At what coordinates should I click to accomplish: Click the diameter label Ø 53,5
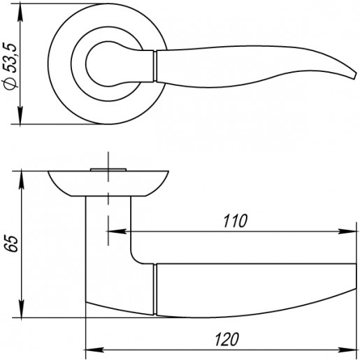[x=10, y=66]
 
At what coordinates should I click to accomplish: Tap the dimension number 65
[x=12, y=244]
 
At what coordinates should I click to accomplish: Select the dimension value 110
[x=235, y=221]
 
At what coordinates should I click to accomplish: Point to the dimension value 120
[x=226, y=339]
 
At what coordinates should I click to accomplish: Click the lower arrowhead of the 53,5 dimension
[x=20, y=115]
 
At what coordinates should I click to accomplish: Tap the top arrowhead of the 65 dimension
[x=22, y=180]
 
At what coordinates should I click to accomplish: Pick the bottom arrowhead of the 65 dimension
[x=22, y=308]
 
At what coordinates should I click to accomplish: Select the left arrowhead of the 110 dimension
[x=117, y=231]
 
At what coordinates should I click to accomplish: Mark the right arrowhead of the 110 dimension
[x=347, y=231]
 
